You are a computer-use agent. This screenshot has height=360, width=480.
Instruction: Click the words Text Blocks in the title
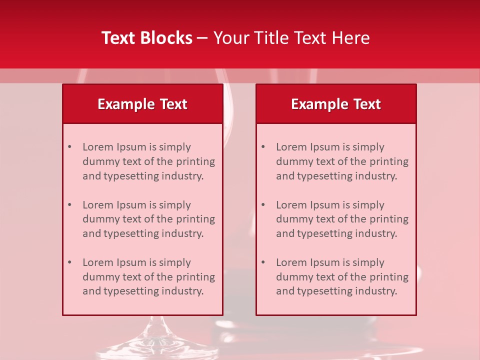147,38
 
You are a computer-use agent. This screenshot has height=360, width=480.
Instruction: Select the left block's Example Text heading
142,104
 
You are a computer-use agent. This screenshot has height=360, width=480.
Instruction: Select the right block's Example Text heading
336,104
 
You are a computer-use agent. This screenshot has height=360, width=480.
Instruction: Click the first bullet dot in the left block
69,147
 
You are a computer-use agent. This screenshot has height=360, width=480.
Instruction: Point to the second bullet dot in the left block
69,205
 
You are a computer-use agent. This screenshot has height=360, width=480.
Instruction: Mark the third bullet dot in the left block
69,262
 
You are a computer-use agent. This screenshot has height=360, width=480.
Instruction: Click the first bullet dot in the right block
263,147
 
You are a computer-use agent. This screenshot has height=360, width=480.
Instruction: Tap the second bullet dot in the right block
263,205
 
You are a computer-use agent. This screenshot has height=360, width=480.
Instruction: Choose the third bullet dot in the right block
263,262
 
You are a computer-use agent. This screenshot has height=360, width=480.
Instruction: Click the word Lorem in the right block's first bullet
290,147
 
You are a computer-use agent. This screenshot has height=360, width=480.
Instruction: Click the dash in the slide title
202,38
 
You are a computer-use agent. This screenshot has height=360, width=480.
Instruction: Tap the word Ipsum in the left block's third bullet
131,262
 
